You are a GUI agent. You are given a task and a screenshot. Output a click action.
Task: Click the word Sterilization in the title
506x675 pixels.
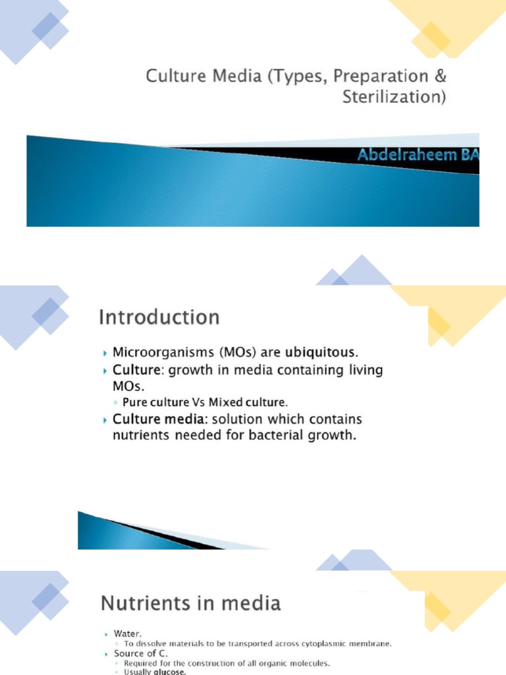pos(394,98)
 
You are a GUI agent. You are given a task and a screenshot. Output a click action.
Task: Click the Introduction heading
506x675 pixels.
pos(159,318)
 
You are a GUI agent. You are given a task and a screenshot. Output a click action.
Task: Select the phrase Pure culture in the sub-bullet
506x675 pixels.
pos(155,401)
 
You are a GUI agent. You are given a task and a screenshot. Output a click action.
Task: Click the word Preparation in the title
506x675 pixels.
pos(372,76)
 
